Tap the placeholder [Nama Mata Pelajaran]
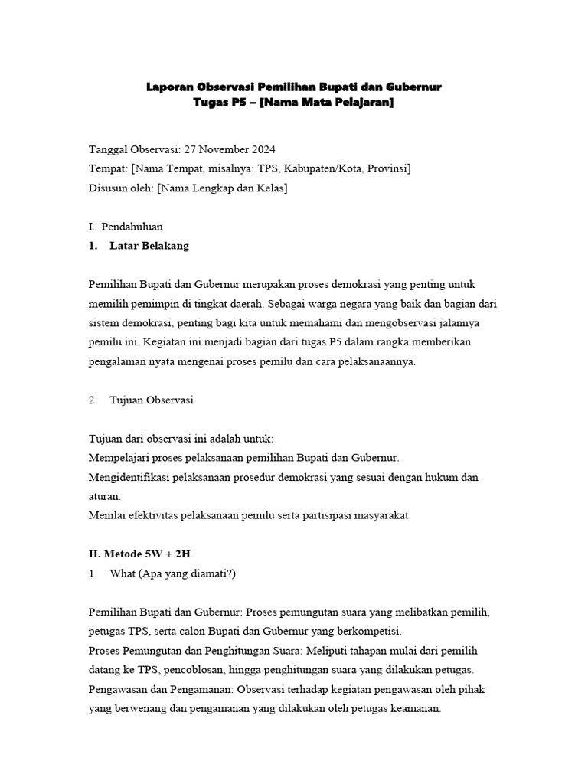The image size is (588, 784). point(326,103)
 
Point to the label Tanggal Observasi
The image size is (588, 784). point(133,149)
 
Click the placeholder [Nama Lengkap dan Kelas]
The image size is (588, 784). point(222,188)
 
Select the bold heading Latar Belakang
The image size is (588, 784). point(149,246)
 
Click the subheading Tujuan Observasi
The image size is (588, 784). point(152,400)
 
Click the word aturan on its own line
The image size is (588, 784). point(105,496)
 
